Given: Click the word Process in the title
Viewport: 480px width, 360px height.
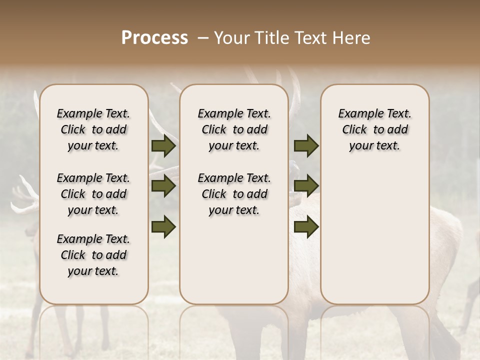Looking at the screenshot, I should [x=154, y=38].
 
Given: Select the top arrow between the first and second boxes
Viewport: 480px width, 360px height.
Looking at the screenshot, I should [x=163, y=146].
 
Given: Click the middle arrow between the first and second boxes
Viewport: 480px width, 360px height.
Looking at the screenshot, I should [x=163, y=186].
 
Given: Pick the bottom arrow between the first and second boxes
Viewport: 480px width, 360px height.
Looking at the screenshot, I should [x=163, y=226].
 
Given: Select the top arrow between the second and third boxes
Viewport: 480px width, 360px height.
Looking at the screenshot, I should [x=306, y=146].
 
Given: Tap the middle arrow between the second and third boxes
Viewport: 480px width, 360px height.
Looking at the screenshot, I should [x=306, y=186].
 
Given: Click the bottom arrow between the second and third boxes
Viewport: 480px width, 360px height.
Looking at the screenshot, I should [x=306, y=226].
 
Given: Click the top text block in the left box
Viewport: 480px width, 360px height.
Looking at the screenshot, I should [x=93, y=129].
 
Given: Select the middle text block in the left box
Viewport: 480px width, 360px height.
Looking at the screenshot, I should [x=93, y=194].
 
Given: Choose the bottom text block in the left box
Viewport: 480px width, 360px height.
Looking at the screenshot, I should [x=93, y=255].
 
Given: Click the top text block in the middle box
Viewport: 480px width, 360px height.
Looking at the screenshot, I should [x=234, y=129].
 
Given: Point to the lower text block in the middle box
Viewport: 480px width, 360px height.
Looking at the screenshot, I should [x=234, y=194].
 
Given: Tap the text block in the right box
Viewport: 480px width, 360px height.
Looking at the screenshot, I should [x=375, y=129].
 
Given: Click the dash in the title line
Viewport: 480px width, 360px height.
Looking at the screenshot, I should [x=203, y=38].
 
